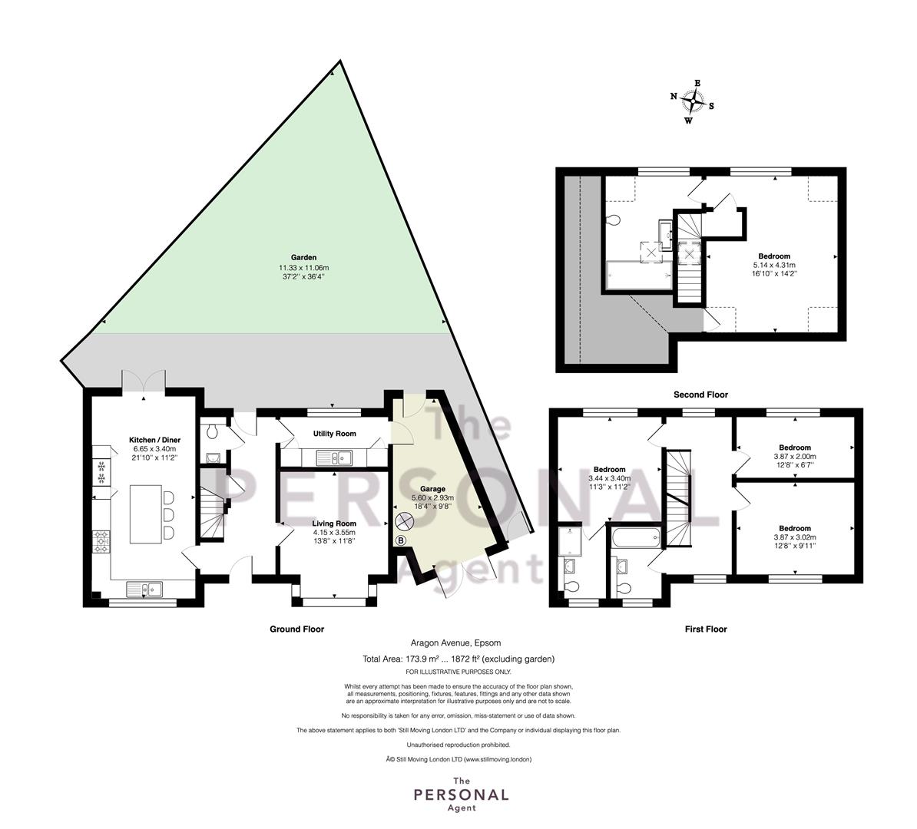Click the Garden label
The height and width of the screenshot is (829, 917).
click(x=303, y=257)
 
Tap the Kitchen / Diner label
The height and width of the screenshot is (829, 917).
click(x=154, y=440)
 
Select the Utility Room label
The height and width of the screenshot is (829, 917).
click(x=335, y=434)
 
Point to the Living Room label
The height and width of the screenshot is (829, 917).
click(x=334, y=523)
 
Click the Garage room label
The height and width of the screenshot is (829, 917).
click(x=432, y=489)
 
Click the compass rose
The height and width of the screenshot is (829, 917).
click(x=693, y=102)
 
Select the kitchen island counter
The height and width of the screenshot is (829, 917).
click(x=146, y=514)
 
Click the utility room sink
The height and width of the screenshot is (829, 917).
click(x=334, y=457)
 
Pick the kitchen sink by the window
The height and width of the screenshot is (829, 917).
click(x=144, y=588)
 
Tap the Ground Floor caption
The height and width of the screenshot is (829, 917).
click(x=296, y=629)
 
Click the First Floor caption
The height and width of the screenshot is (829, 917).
click(x=706, y=629)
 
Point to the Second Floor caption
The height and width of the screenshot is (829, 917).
click(x=700, y=395)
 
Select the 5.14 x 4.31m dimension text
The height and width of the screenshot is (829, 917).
click(x=774, y=264)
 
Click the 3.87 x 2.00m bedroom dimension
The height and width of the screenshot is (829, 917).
click(x=795, y=457)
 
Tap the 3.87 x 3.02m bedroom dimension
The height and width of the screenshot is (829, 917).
click(x=795, y=537)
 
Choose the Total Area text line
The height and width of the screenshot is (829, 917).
click(x=458, y=659)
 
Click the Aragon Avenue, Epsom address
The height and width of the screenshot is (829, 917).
click(x=455, y=643)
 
